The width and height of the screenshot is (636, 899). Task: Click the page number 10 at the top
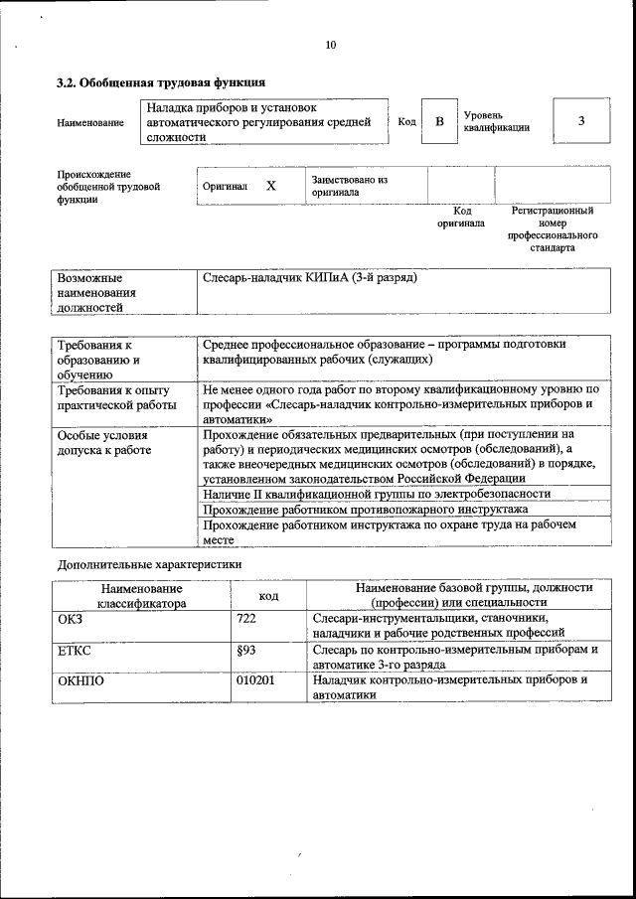coord(331,45)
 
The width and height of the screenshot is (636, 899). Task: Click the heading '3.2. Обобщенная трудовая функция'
coord(160,82)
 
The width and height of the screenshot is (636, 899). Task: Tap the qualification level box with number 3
coord(580,121)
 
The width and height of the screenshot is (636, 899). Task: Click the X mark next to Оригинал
coord(271,186)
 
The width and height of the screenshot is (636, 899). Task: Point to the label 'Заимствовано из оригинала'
coord(349,186)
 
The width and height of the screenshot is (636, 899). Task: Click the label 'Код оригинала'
coord(461,217)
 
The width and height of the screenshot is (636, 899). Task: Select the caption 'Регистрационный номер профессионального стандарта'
coord(553,229)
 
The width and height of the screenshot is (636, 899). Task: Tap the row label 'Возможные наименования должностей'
coord(96,293)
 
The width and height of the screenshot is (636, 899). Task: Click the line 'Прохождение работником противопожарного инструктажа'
coord(365,509)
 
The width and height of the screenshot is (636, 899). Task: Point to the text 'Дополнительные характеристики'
coord(148,564)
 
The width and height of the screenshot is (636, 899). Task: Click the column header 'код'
coord(268,595)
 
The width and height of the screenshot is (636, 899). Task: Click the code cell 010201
coord(255,681)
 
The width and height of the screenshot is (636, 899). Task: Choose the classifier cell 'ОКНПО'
coord(80,681)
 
